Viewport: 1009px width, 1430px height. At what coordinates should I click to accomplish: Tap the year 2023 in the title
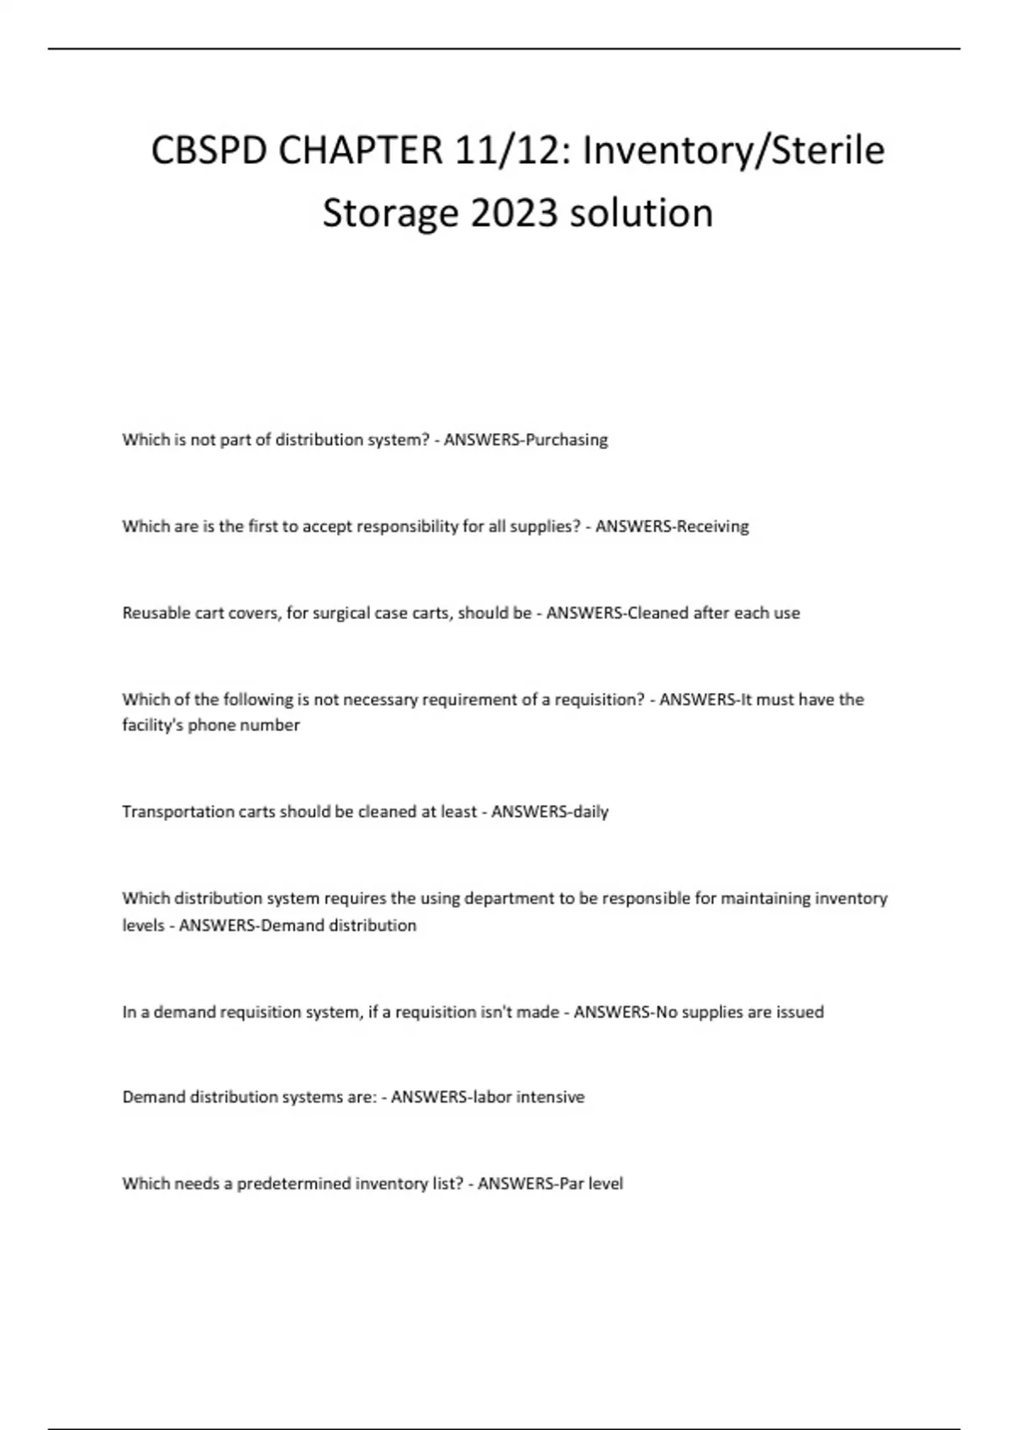click(x=515, y=213)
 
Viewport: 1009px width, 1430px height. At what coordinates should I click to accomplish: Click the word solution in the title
click(x=642, y=213)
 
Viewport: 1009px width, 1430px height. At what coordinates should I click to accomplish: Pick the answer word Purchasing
click(x=566, y=439)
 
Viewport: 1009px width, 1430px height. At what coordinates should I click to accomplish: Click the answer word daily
click(x=590, y=812)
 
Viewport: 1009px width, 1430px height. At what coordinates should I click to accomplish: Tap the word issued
click(x=800, y=1012)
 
